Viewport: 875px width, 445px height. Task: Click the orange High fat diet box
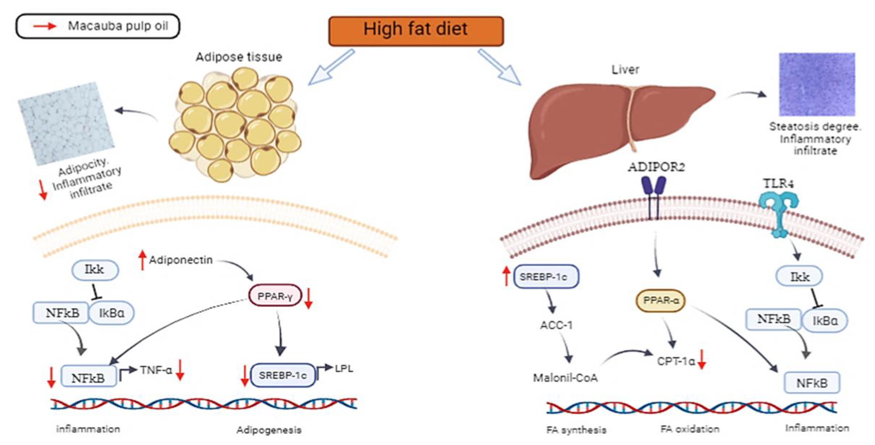click(416, 31)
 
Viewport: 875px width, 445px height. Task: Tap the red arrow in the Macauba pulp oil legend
click(44, 26)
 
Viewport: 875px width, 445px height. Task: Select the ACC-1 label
click(556, 325)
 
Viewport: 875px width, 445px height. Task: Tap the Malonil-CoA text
click(565, 378)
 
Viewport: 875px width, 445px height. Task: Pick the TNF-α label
click(156, 370)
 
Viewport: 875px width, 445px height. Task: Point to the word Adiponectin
click(181, 260)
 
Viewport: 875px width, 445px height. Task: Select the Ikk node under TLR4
click(799, 276)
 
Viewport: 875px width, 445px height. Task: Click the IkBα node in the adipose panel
click(112, 313)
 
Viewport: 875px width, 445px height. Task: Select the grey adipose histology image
click(66, 123)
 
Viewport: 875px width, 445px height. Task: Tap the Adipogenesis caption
click(269, 430)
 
